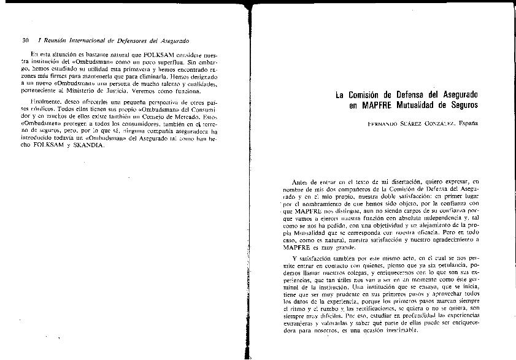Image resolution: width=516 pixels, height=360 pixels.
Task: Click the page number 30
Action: click(25, 40)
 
